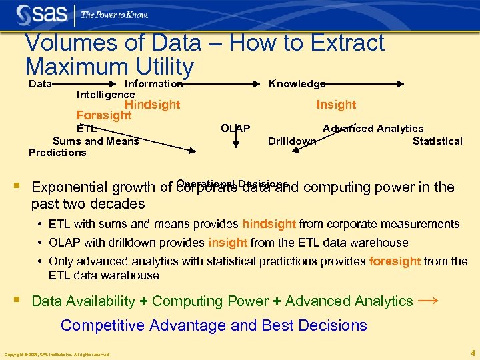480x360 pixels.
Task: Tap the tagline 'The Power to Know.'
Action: [x=114, y=15]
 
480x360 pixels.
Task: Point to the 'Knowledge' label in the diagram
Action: [x=297, y=84]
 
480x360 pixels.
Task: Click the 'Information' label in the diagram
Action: [x=153, y=84]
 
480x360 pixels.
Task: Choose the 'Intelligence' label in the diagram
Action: [x=105, y=95]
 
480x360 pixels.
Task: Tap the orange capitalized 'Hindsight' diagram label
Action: [x=153, y=105]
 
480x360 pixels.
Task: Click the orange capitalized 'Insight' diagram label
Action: [x=336, y=105]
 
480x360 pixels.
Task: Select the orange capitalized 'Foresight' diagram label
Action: [x=104, y=115]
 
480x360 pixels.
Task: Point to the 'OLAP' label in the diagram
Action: [x=235, y=128]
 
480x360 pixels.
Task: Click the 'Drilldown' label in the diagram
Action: [x=291, y=141]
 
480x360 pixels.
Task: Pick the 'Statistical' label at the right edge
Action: [x=437, y=141]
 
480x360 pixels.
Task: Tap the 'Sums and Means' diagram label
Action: [x=95, y=141]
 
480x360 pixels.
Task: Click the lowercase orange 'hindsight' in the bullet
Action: [x=269, y=224]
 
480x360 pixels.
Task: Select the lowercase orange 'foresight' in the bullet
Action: [x=395, y=261]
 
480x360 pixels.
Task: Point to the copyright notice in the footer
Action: [x=57, y=354]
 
